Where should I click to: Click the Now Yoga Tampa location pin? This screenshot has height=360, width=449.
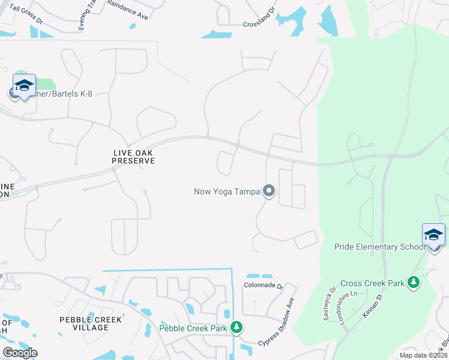click(269, 191)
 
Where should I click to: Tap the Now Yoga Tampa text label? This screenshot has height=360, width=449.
click(227, 192)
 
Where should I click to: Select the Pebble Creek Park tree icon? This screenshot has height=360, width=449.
click(237, 327)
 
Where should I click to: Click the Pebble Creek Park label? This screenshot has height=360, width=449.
click(193, 328)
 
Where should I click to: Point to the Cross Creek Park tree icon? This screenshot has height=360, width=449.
click(413, 282)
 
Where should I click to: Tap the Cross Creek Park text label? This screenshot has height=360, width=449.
click(372, 283)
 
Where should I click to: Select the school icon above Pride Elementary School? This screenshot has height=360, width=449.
click(433, 234)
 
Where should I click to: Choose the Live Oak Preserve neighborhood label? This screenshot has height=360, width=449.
click(134, 157)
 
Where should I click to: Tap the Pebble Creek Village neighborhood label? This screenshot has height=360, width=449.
click(92, 323)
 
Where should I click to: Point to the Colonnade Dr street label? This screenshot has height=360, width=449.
click(264, 286)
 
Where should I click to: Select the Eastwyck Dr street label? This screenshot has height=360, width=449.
click(328, 304)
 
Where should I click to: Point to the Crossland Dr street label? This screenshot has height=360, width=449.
click(259, 25)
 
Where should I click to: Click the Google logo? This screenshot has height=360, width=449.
click(20, 352)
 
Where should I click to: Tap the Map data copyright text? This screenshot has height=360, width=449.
click(423, 355)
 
